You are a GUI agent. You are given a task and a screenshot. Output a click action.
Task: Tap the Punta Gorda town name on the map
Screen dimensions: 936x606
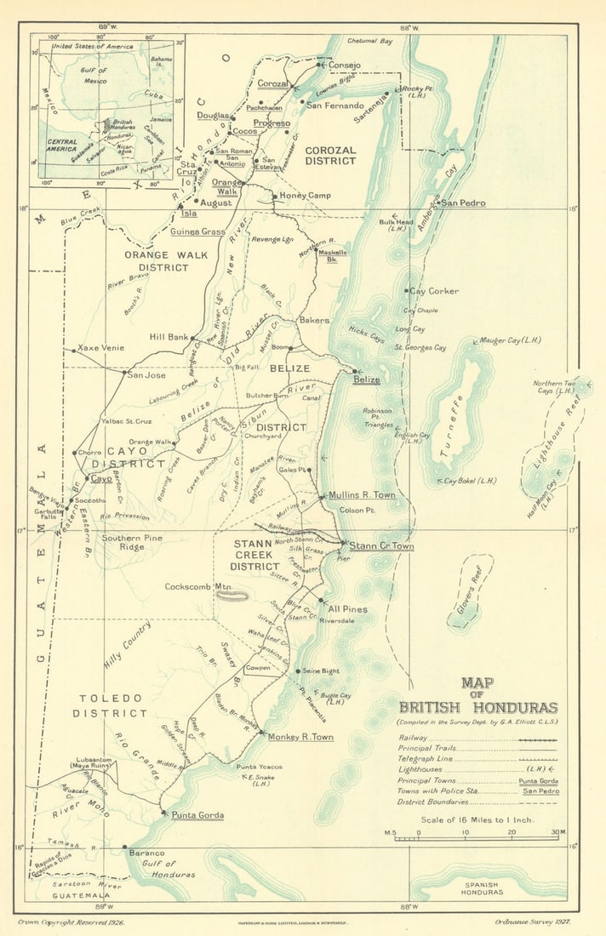197,815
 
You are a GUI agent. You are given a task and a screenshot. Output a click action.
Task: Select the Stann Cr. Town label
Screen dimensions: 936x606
381,546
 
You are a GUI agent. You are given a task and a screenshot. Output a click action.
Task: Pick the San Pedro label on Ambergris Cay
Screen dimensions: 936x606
463,203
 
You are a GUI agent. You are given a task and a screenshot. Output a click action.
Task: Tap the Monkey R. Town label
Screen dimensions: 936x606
300,737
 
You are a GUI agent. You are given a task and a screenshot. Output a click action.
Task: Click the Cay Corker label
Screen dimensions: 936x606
434,291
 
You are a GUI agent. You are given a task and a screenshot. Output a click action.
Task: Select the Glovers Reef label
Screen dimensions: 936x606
475,585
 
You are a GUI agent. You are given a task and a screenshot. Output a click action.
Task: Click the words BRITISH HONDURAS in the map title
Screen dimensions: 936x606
478,707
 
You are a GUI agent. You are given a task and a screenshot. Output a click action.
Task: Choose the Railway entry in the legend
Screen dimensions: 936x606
413,738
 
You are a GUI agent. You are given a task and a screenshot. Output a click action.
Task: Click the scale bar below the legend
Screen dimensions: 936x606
477,839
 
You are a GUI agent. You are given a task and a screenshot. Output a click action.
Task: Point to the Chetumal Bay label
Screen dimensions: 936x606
369,41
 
